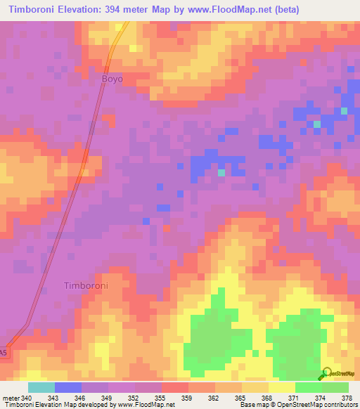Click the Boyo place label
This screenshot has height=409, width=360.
pyautogui.click(x=112, y=79)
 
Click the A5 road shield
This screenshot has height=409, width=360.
pyautogui.click(x=4, y=351)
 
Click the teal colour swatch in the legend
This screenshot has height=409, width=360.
pyautogui.click(x=41, y=387)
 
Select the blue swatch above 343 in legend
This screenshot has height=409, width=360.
pyautogui.click(x=68, y=387)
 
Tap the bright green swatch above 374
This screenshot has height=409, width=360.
pyautogui.click(x=308, y=387)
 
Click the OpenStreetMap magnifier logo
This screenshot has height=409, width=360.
pyautogui.click(x=325, y=374)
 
